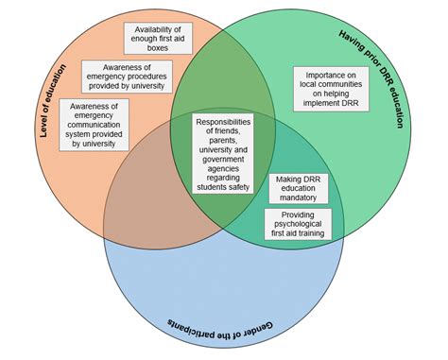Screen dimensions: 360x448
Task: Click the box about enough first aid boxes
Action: [x=158, y=37]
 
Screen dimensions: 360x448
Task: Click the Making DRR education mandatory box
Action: [x=300, y=188]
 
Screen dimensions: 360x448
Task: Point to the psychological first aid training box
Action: [x=298, y=225]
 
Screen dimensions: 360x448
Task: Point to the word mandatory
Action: [x=299, y=198]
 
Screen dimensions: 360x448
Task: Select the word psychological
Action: [x=298, y=225]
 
